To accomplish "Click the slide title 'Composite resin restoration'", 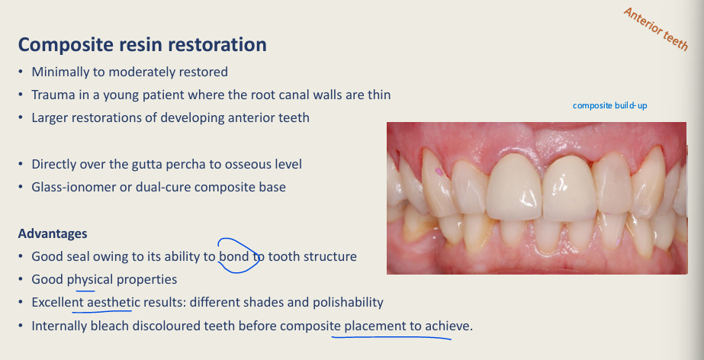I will tap(143, 44).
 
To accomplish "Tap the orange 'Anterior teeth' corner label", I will tap(656, 29).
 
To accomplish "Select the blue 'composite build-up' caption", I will tap(609, 105).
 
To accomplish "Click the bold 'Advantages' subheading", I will tap(53, 233).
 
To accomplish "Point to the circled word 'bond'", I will tap(234, 257).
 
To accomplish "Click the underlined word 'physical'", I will tap(90, 280).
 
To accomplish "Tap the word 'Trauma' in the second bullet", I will tap(53, 95).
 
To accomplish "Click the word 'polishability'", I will tap(346, 303).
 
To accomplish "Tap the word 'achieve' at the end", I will tap(448, 326).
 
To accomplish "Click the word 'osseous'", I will tap(253, 164).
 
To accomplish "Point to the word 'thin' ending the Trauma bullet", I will tap(379, 95).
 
